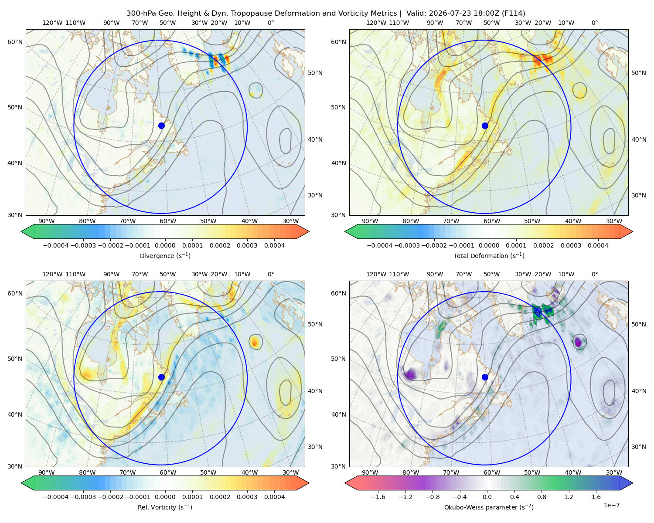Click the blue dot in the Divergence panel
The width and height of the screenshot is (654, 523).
[161, 126]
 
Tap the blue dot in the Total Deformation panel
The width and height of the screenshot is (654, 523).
[485, 126]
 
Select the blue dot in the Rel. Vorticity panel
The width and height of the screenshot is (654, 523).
[161, 377]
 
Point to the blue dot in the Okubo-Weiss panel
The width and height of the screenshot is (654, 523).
[485, 377]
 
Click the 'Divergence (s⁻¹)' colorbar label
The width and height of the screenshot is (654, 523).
[165, 255]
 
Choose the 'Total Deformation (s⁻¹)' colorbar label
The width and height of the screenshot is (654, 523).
[489, 255]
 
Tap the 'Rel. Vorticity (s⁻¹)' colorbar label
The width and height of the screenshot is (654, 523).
[165, 507]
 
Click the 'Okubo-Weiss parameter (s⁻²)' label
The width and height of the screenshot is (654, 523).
[489, 507]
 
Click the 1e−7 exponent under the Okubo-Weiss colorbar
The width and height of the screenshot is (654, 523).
[611, 505]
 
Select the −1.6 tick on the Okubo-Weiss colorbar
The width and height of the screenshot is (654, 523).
[378, 497]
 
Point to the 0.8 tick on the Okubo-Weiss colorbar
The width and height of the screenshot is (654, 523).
[542, 497]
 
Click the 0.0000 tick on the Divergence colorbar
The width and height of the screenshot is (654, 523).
[165, 245]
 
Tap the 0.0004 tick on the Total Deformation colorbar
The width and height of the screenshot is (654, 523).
[598, 245]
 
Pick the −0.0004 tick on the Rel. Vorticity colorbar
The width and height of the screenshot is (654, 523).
[56, 497]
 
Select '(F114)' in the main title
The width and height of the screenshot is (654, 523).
[513, 14]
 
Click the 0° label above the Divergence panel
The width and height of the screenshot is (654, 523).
[271, 23]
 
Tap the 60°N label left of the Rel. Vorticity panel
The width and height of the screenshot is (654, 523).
[15, 293]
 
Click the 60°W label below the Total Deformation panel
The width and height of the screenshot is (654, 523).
[492, 221]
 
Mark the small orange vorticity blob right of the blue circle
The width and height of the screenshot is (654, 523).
[255, 343]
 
